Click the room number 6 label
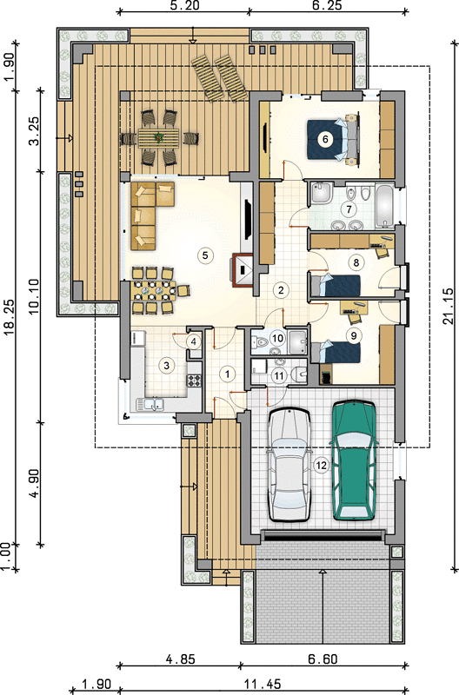325,139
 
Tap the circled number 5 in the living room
205,255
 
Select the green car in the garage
354,460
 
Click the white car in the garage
289,465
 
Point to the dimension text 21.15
448,306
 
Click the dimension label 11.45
262,684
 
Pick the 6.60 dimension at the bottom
323,659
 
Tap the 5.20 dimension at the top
184,6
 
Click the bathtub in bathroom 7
385,206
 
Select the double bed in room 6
333,139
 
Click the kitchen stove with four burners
194,381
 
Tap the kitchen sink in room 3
150,404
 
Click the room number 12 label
321,466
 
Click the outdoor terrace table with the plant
158,138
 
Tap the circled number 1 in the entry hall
228,374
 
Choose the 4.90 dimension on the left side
36,482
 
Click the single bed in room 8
336,285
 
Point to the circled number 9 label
354,335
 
